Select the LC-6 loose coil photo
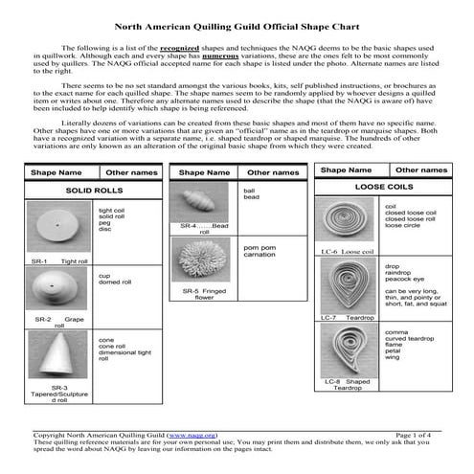point(347,222)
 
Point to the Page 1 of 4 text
point(418,435)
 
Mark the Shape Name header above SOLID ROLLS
point(56,172)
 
